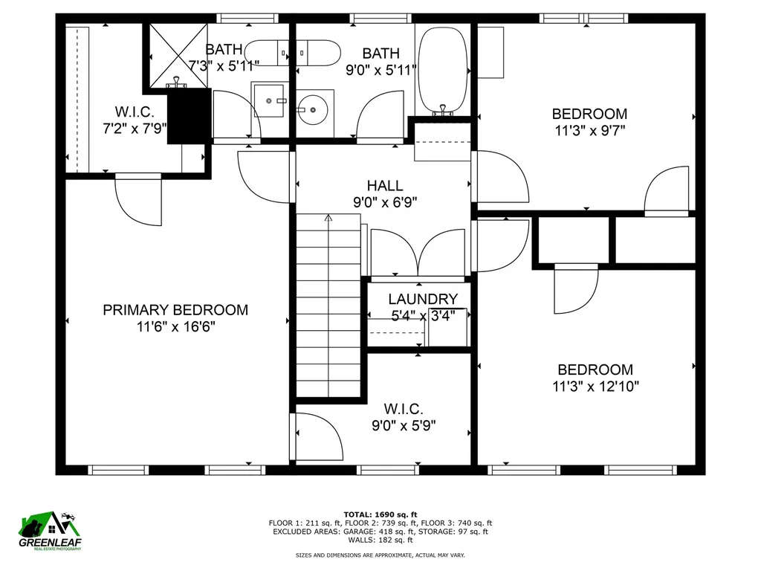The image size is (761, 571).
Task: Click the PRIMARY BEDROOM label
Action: [x=175, y=310]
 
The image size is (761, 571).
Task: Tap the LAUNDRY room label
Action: [x=423, y=299]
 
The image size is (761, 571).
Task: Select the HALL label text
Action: [x=385, y=186]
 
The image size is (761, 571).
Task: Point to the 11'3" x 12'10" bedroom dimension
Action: [x=596, y=387]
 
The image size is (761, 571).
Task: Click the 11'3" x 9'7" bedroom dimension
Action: [x=589, y=131]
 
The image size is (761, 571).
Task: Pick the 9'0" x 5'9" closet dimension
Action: [x=404, y=426]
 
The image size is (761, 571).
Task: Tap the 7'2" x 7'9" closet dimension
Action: [x=135, y=129]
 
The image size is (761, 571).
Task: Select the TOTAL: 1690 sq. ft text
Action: [x=380, y=514]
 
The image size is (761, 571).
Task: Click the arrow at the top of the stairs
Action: [x=328, y=218]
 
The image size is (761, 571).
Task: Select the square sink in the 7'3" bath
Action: [x=269, y=99]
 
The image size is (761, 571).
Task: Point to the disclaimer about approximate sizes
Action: [x=380, y=555]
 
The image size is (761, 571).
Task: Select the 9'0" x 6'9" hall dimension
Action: [x=385, y=203]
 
